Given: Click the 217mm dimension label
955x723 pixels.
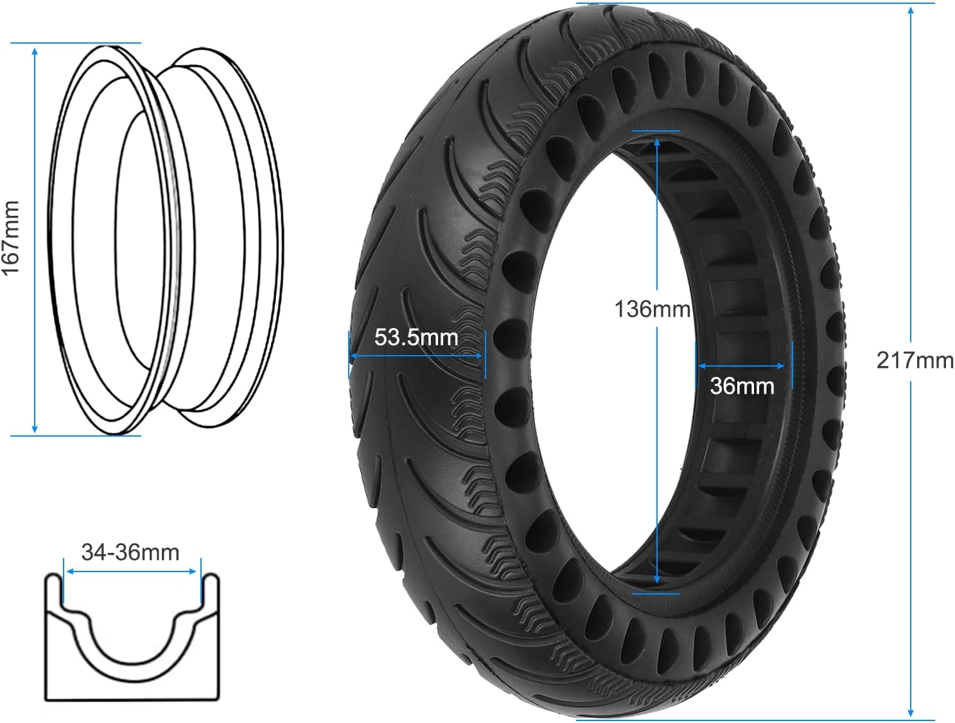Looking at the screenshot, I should [x=915, y=361].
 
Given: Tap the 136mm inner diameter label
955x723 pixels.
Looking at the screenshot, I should [x=652, y=309].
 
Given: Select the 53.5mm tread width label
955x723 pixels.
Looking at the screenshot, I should [x=416, y=337].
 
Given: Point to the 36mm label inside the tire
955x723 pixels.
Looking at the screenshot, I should [x=742, y=387].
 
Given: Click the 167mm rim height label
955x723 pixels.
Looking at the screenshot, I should [x=11, y=238].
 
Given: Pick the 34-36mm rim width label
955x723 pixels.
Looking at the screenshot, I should [x=130, y=552].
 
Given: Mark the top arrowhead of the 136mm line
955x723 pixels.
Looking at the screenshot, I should [x=656, y=141].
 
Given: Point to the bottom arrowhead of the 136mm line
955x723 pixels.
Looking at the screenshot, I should [x=656, y=580].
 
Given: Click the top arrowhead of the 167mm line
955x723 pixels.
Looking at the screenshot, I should [x=35, y=50].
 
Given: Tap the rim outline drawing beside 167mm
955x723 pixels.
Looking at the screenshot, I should [x=166, y=238].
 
